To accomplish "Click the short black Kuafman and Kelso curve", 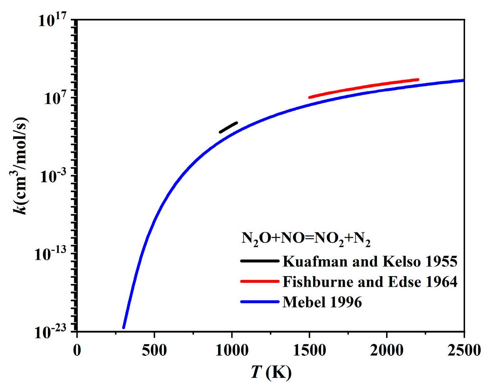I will point(228,127).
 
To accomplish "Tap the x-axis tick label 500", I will point(154,350).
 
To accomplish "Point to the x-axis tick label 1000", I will point(232,350).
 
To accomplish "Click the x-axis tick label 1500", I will point(309,350).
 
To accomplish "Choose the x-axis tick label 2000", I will point(387,350).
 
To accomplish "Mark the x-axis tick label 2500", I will point(464,350).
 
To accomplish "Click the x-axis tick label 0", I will point(77,350).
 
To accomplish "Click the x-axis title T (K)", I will point(271,373).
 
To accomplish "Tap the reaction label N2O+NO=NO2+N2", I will point(306,239).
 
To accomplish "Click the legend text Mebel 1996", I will point(322,302).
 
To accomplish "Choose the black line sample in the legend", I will point(259,261).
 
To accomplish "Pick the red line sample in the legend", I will point(259,282).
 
